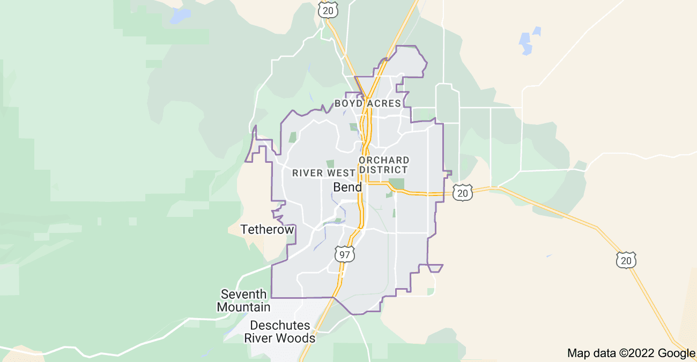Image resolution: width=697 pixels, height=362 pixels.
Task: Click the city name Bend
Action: (x=347, y=187)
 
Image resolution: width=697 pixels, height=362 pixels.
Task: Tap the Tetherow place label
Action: (x=267, y=230)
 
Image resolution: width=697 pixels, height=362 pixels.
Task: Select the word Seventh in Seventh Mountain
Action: (x=243, y=295)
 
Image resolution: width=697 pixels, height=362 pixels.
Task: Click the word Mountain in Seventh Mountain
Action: (x=243, y=307)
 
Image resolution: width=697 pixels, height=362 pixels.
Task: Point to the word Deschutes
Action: (x=280, y=326)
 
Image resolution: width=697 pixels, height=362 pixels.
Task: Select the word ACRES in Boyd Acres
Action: (x=384, y=103)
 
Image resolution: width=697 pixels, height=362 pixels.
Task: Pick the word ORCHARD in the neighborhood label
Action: (x=384, y=160)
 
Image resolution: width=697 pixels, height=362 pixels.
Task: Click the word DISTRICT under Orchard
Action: (x=383, y=170)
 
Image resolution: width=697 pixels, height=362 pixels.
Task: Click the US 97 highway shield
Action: (x=344, y=254)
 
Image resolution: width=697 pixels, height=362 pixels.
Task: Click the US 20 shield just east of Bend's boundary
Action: (x=462, y=193)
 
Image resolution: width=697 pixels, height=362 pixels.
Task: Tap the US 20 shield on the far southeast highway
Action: (x=626, y=260)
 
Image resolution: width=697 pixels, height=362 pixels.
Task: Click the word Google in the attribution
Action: (x=677, y=353)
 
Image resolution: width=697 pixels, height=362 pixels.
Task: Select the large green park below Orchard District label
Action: (x=397, y=184)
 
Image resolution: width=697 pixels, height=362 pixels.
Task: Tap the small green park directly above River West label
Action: (x=330, y=164)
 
